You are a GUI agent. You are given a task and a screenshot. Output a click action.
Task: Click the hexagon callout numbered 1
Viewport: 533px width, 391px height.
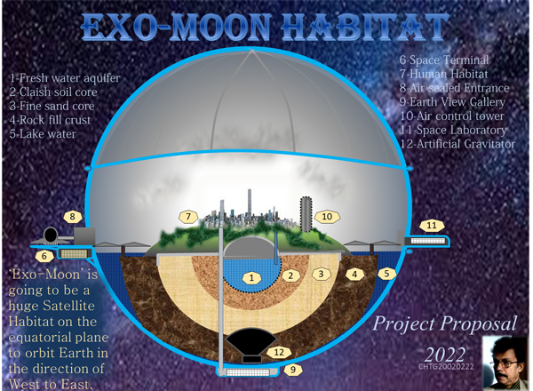[251, 278]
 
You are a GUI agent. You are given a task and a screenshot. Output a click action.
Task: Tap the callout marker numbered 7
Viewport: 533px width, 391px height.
[188, 216]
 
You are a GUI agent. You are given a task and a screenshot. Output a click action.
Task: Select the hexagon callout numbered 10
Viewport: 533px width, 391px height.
[327, 217]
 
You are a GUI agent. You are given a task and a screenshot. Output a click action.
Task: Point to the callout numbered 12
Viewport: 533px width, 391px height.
[279, 352]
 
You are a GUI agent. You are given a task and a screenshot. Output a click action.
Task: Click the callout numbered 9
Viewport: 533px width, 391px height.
[292, 370]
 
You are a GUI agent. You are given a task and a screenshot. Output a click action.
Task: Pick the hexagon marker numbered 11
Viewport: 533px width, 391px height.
[432, 226]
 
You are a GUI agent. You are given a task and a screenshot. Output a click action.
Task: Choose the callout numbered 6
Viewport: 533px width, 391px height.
[44, 256]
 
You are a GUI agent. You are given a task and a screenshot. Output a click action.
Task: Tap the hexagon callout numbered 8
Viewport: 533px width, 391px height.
[73, 217]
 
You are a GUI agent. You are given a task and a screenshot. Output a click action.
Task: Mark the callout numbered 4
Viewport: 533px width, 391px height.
[354, 274]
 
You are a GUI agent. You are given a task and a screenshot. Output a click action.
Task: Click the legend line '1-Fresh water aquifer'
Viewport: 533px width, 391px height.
[65, 78]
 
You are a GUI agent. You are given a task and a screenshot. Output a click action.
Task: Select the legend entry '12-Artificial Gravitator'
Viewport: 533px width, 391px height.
[457, 144]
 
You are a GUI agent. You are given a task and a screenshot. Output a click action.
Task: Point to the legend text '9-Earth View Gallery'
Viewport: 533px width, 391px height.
[452, 102]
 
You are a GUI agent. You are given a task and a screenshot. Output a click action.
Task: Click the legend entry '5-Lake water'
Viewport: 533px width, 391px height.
[43, 134]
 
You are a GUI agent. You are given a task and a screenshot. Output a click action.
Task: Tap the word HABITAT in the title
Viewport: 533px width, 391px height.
[365, 28]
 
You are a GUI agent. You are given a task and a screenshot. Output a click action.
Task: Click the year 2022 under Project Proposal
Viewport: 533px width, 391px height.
[445, 355]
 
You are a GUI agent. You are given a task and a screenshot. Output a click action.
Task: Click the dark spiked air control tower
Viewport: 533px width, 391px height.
[306, 215]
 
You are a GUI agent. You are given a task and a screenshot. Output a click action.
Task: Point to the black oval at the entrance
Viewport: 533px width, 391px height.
[51, 235]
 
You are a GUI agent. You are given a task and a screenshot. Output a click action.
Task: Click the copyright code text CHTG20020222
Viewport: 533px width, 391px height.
[446, 367]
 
